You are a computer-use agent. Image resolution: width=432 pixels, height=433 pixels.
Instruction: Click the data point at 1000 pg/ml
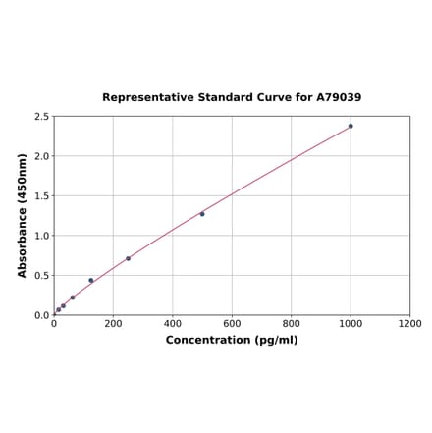point(351,126)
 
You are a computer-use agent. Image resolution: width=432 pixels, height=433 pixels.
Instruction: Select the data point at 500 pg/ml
point(202,214)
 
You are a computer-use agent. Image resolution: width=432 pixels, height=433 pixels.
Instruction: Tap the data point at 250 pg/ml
point(128,258)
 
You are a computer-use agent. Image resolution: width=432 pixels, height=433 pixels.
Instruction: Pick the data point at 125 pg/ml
point(91,281)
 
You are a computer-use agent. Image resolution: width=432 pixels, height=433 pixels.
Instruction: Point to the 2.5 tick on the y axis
point(42,117)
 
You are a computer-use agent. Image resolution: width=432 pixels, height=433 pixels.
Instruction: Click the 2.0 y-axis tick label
point(42,156)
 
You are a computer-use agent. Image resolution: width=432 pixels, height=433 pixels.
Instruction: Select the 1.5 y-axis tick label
point(42,196)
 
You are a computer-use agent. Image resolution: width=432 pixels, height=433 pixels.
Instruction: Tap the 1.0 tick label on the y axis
point(42,236)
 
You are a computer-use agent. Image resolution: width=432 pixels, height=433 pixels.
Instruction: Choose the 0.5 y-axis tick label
point(42,276)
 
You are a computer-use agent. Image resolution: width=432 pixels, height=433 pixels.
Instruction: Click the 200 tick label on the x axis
point(113,324)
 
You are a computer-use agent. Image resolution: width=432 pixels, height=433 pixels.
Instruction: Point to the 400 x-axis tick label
point(173,324)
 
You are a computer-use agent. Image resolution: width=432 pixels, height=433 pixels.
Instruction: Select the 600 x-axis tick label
point(232,324)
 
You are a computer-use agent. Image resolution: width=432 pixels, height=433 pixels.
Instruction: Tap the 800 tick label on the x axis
point(292,324)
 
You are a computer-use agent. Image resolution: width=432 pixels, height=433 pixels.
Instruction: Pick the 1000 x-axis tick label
point(351,324)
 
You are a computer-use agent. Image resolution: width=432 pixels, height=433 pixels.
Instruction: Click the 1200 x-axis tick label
point(409,324)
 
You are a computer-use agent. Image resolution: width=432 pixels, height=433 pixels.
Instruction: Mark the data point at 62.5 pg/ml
point(73,298)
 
